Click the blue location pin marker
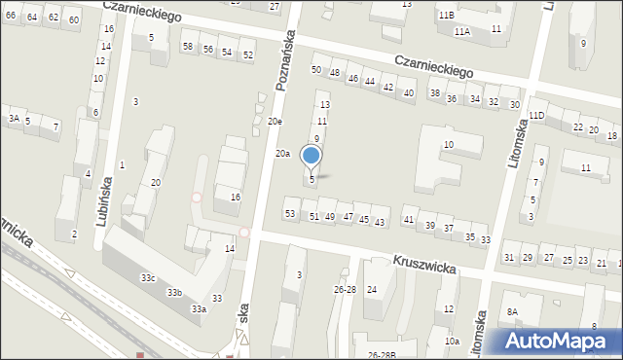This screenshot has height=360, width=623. (x=311, y=156)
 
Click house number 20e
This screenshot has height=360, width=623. (x=275, y=122)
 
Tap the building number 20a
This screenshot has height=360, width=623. (x=282, y=154)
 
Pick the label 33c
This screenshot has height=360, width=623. (x=148, y=278)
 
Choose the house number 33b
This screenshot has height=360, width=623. (x=174, y=292)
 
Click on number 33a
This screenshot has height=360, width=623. (x=199, y=308)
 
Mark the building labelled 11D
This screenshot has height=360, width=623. (x=536, y=115)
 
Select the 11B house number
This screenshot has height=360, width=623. (x=446, y=16)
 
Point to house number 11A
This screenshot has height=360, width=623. (x=461, y=31)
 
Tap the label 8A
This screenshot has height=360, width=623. (x=512, y=311)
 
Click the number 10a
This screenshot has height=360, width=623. (x=452, y=342)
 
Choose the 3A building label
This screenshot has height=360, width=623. (x=14, y=118)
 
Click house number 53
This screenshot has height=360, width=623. (x=289, y=213)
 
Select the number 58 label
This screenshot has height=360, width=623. (x=188, y=47)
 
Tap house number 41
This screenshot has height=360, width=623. (x=409, y=221)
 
